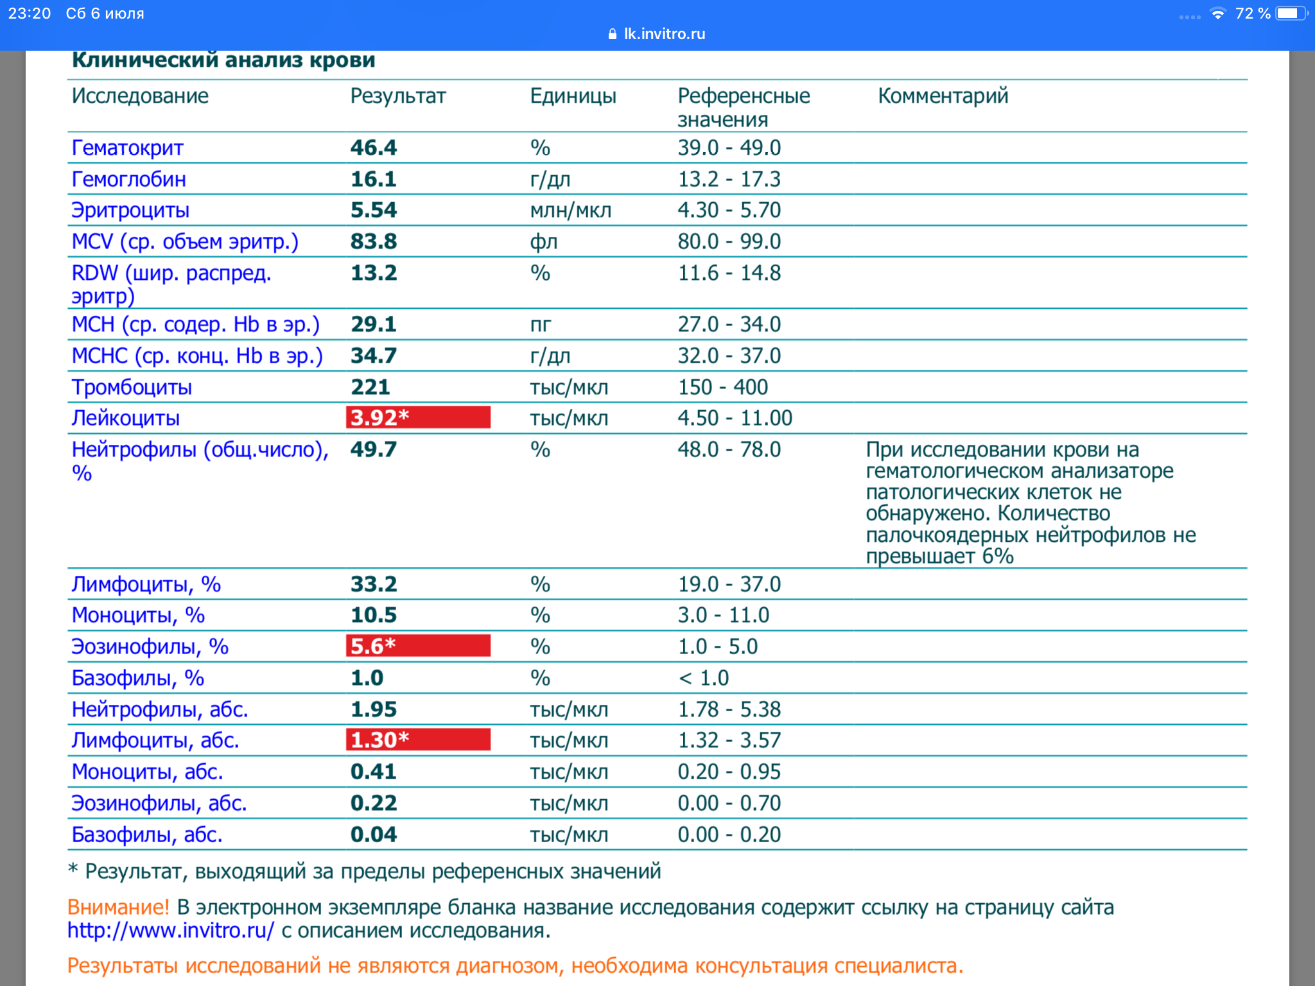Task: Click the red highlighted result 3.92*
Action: (417, 417)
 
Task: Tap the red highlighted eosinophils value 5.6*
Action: (417, 646)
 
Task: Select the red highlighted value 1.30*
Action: (417, 739)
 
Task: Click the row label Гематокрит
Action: (127, 148)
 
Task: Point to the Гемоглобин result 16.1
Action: (373, 179)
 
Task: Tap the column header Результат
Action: (397, 96)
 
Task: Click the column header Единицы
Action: (573, 96)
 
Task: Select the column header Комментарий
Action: (943, 96)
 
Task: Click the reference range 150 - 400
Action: (722, 387)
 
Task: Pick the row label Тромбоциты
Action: (132, 387)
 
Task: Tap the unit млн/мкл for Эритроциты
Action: (570, 211)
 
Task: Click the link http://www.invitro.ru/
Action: (171, 930)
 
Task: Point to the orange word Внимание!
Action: (118, 907)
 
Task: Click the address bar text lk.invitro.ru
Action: (664, 34)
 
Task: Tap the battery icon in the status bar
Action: (1291, 13)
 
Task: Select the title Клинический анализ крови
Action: (223, 60)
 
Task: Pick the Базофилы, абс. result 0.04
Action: (373, 835)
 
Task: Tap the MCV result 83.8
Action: (373, 242)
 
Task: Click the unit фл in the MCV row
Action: (543, 242)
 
